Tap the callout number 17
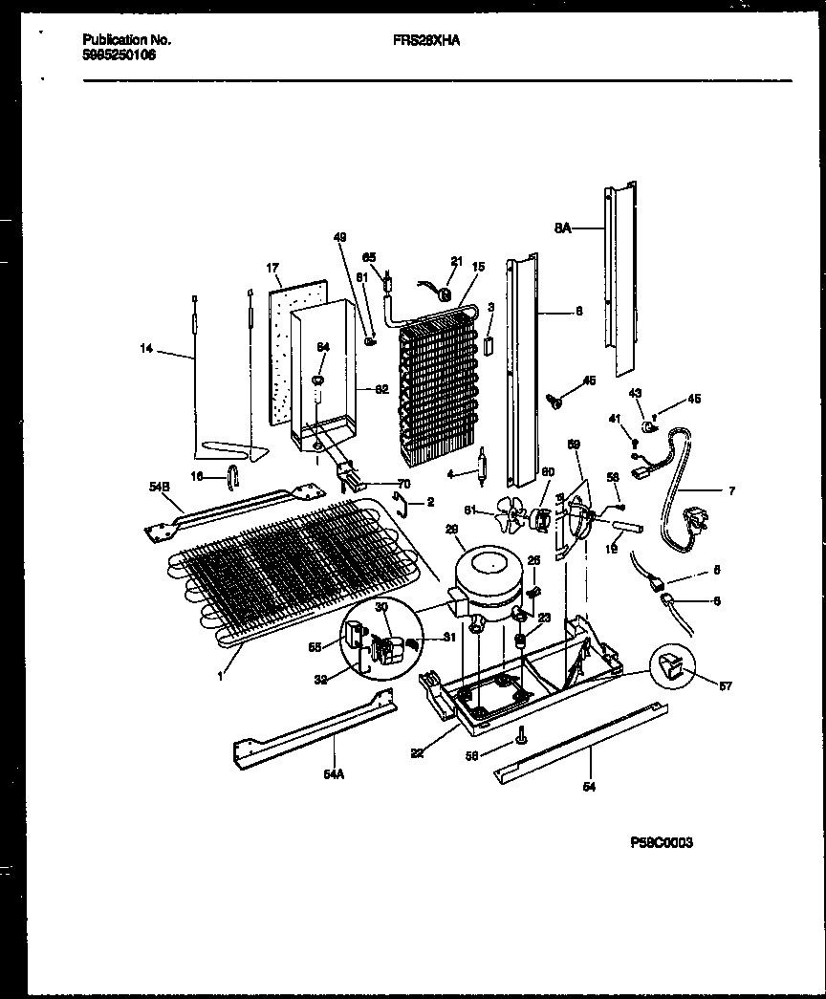(x=272, y=269)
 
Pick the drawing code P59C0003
(x=662, y=842)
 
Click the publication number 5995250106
(x=120, y=55)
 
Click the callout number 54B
(x=159, y=488)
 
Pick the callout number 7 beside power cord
(x=731, y=491)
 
